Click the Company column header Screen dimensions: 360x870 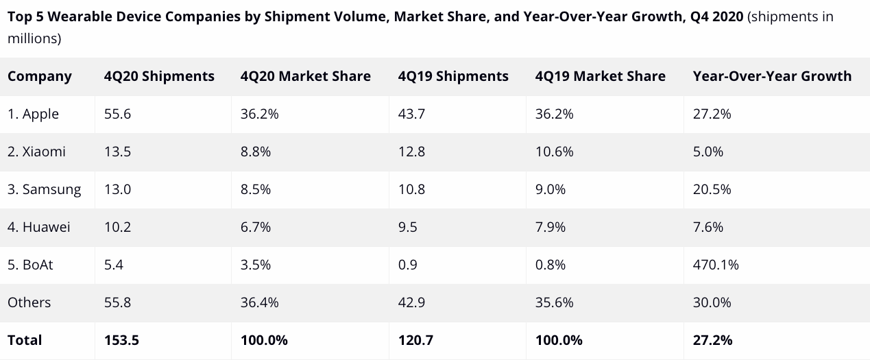40,76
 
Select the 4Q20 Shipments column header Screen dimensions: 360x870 159,76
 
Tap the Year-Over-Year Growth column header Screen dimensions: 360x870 772,76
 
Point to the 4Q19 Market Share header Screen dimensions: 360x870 600,76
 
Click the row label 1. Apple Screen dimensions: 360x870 34,114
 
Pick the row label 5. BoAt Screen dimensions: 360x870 30,265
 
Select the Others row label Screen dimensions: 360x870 29,302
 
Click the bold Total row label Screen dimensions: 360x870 25,340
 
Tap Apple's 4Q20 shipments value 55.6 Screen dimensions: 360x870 117,114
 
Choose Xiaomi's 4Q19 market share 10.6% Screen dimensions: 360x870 554,152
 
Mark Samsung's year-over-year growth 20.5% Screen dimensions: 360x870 712,189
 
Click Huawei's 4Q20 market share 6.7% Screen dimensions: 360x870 256,227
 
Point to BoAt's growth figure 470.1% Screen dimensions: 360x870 716,265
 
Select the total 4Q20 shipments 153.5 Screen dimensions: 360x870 121,340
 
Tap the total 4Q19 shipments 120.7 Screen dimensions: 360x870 415,340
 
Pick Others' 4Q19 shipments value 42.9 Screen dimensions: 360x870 411,302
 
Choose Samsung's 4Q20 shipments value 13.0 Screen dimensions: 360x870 117,189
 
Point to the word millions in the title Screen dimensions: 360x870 32,38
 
